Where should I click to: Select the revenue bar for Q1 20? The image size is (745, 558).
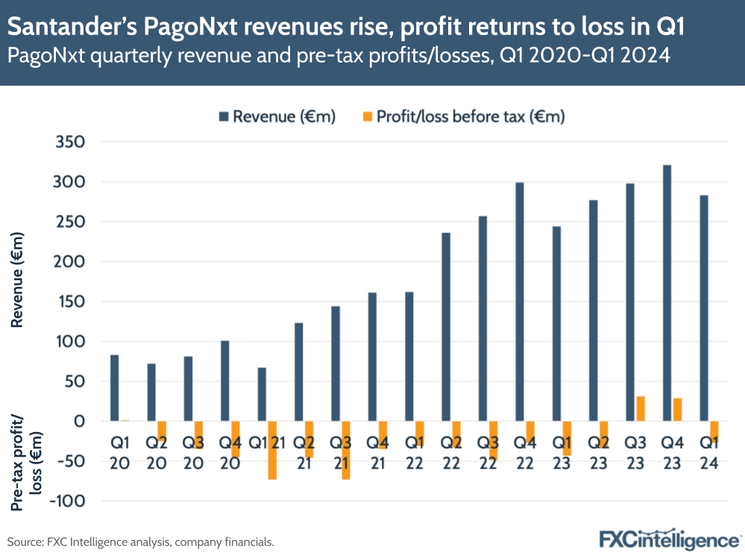coord(114,387)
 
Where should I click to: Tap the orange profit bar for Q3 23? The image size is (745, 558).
coord(640,408)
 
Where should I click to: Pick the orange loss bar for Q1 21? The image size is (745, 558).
coord(272,450)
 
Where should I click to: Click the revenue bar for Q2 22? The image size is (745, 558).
coord(446,327)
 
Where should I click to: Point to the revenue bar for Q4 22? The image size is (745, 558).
coord(519,302)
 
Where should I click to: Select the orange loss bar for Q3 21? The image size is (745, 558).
coord(346,450)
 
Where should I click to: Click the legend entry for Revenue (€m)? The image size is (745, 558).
coord(276,116)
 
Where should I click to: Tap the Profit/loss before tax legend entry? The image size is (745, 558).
coord(462,116)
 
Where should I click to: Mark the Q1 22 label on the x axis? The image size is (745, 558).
coord(415,452)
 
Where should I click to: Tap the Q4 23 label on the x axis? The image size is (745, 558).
coord(672,452)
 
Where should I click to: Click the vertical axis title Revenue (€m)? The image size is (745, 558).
coord(18,279)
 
